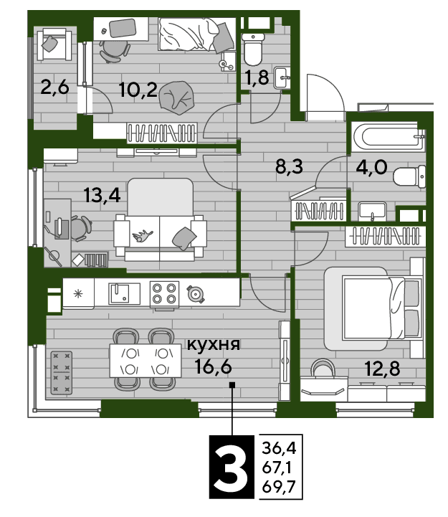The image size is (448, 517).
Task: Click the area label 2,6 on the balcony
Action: coord(54,87)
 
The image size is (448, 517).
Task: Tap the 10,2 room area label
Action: coord(138,90)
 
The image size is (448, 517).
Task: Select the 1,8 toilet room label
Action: coord(257,78)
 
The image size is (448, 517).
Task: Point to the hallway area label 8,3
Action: coord(289,166)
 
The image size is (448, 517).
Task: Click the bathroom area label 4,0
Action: coord(371,167)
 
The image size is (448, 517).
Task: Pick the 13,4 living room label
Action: coord(102,195)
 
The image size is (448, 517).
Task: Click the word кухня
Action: coord(214,345)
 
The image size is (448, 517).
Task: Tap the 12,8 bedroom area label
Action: coord(382,369)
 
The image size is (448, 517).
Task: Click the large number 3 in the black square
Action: coord(232,467)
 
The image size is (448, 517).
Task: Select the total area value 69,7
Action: coord(279,487)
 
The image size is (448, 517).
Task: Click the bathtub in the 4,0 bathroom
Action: coord(388,136)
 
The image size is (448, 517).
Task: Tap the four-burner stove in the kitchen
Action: coord(164,294)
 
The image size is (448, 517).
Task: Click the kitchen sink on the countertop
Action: coord(124,293)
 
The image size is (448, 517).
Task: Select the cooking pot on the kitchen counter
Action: coord(196,293)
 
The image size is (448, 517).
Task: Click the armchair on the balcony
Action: coord(54,44)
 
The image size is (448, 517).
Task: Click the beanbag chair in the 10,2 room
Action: coord(176,98)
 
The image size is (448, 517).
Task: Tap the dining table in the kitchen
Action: coord(145,361)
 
